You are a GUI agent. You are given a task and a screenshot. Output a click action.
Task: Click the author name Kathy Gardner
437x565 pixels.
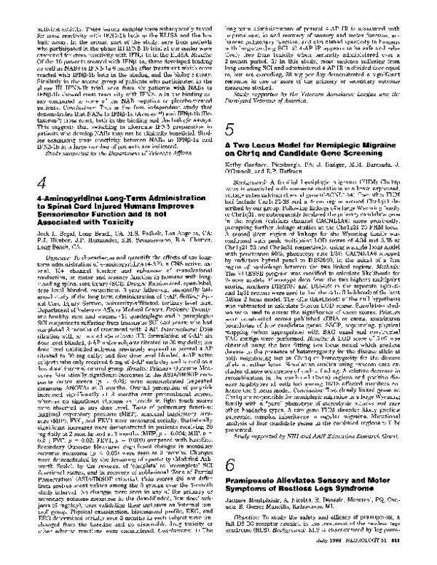pyautogui.click(x=250, y=176)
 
